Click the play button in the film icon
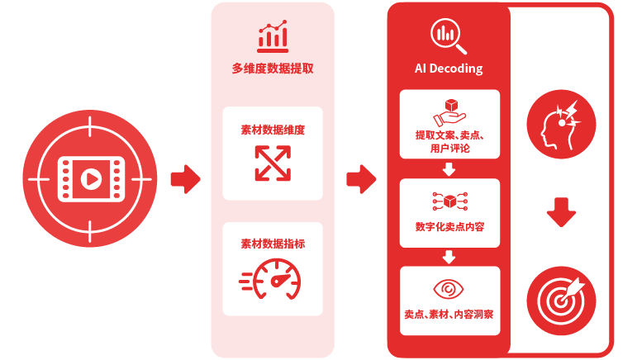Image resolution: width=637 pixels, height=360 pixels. tap(91, 178)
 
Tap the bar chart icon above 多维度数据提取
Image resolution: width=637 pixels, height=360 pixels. tap(273, 36)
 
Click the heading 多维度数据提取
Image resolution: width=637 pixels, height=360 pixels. tap(273, 69)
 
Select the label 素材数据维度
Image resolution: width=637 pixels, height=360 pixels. tap(273, 130)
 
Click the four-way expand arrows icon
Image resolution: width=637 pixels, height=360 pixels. tap(273, 163)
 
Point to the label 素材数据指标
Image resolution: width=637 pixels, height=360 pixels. tap(273, 244)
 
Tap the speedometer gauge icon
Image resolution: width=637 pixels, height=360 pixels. tap(270, 279)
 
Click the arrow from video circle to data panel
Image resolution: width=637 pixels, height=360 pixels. tap(186, 178)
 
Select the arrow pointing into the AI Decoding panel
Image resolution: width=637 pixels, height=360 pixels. tap(361, 178)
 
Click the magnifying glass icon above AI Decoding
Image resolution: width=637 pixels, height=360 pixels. tap(449, 36)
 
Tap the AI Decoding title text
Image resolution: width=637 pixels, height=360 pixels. tap(449, 69)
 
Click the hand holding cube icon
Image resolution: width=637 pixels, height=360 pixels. tap(449, 112)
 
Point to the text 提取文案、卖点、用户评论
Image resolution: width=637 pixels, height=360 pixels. tap(449, 142)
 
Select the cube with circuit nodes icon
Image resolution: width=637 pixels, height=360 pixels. tap(449, 201)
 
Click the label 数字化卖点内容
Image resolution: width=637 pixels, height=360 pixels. tap(449, 226)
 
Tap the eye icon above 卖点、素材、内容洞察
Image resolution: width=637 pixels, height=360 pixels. tap(449, 289)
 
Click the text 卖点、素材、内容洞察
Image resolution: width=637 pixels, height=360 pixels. tap(449, 314)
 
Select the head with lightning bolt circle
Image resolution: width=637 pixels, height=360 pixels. tap(561, 124)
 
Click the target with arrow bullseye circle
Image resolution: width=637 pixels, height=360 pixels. tap(561, 301)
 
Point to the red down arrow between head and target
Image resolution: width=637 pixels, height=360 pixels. tap(561, 212)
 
